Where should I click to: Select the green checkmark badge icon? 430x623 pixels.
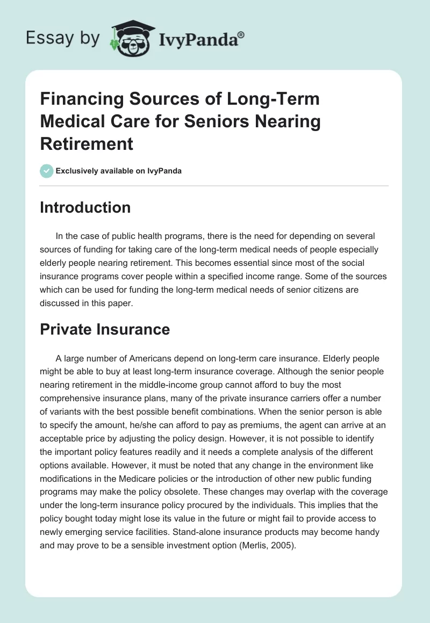point(46,171)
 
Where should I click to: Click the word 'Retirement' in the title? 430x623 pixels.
point(87,143)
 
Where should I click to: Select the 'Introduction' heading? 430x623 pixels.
point(85,208)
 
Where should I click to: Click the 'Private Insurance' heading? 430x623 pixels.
point(105,329)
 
